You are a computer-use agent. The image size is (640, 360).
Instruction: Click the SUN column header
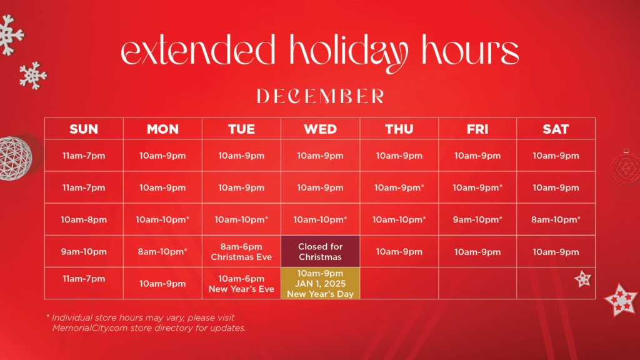pyautogui.click(x=84, y=129)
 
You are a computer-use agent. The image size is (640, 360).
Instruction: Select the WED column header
pyautogui.click(x=321, y=129)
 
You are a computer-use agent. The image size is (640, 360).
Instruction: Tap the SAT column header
pyautogui.click(x=556, y=129)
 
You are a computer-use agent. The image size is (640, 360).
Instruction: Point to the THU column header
pyautogui.click(x=399, y=129)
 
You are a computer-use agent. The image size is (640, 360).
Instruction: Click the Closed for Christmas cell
pyautogui.click(x=321, y=251)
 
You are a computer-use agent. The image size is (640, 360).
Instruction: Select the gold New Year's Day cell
pyautogui.click(x=321, y=283)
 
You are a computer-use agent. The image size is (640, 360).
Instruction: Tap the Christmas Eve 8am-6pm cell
pyautogui.click(x=241, y=251)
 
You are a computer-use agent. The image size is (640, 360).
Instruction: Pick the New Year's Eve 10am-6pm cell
pyautogui.click(x=241, y=283)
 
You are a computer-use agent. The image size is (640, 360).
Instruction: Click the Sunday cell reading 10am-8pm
pyautogui.click(x=84, y=219)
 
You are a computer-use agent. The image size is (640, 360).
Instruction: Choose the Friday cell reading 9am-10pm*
pyautogui.click(x=477, y=219)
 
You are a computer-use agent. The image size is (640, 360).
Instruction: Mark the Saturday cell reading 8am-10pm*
pyautogui.click(x=556, y=219)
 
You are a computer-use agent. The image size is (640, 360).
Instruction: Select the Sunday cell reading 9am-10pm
pyautogui.click(x=84, y=251)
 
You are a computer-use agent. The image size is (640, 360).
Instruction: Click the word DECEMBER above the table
pyautogui.click(x=321, y=96)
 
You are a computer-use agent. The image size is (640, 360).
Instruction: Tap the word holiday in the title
pyautogui.click(x=349, y=53)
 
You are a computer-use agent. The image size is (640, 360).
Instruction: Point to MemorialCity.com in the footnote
pyautogui.click(x=90, y=328)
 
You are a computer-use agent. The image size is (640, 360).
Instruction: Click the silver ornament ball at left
pyautogui.click(x=15, y=158)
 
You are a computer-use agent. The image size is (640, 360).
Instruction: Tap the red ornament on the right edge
pyautogui.click(x=626, y=166)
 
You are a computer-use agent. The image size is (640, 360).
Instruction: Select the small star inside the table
pyautogui.click(x=583, y=279)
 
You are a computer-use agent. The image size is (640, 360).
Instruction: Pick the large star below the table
pyautogui.click(x=621, y=300)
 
